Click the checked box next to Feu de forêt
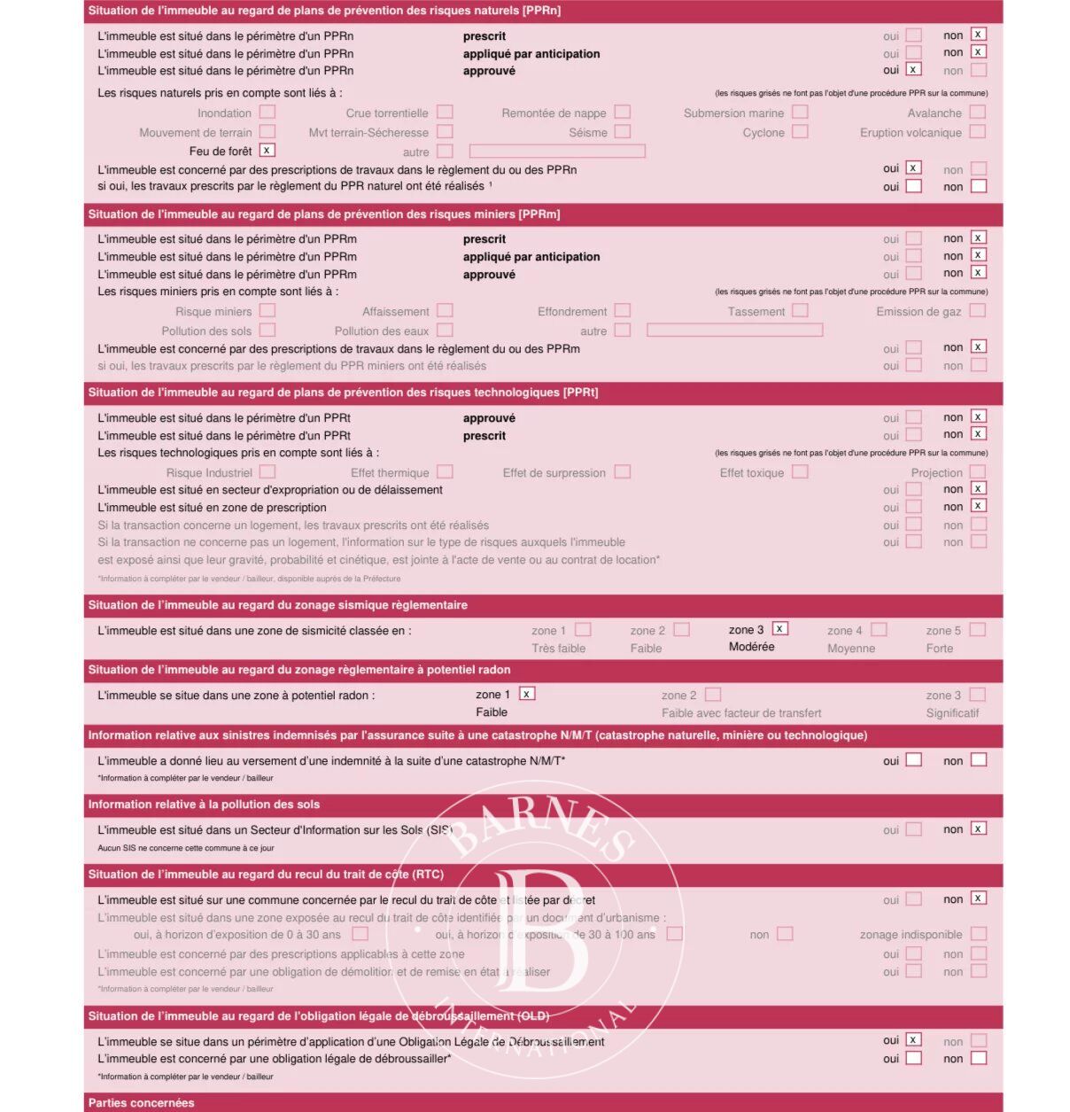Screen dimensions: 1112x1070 tap(267, 151)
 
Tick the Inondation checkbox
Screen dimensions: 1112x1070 tap(267, 113)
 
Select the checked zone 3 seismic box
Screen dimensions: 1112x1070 tap(779, 629)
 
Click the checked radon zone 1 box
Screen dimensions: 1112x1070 tap(526, 694)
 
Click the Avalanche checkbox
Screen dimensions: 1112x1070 tap(977, 113)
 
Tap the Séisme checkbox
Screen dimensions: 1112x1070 tap(623, 132)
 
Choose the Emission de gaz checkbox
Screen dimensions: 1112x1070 tap(977, 311)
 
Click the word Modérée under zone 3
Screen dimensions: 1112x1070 tap(751, 647)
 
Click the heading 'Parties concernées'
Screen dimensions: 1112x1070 tap(141, 1103)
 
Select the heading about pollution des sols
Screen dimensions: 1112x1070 tap(204, 805)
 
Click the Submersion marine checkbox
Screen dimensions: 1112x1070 tap(800, 113)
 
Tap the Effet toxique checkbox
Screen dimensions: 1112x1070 tap(800, 472)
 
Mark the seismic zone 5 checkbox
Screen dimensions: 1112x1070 tap(977, 630)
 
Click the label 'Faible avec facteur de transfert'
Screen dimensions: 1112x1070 tap(740, 713)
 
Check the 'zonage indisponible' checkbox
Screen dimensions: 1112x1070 tap(978, 934)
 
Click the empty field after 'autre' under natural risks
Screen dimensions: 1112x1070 tap(556, 152)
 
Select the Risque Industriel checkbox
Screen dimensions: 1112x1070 tap(267, 472)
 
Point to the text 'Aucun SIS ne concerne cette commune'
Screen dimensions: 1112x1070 tap(185, 848)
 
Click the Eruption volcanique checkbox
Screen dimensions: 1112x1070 tap(977, 132)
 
